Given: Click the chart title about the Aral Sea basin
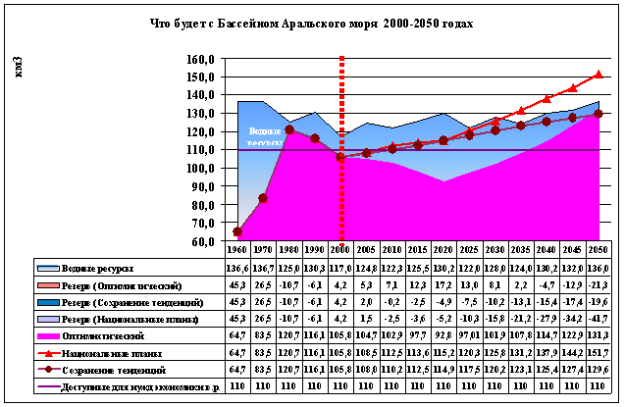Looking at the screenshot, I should click(x=312, y=24).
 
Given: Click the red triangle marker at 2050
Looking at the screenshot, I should click(x=598, y=74).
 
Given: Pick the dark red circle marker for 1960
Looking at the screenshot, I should click(x=238, y=231).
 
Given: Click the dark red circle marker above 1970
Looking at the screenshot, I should click(x=264, y=198).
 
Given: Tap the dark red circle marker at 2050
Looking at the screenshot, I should click(x=598, y=114).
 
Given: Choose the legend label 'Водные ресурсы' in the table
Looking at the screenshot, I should click(x=98, y=268).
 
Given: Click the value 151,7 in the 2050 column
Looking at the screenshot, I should click(x=598, y=351).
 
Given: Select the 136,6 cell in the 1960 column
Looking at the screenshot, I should click(x=238, y=268).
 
